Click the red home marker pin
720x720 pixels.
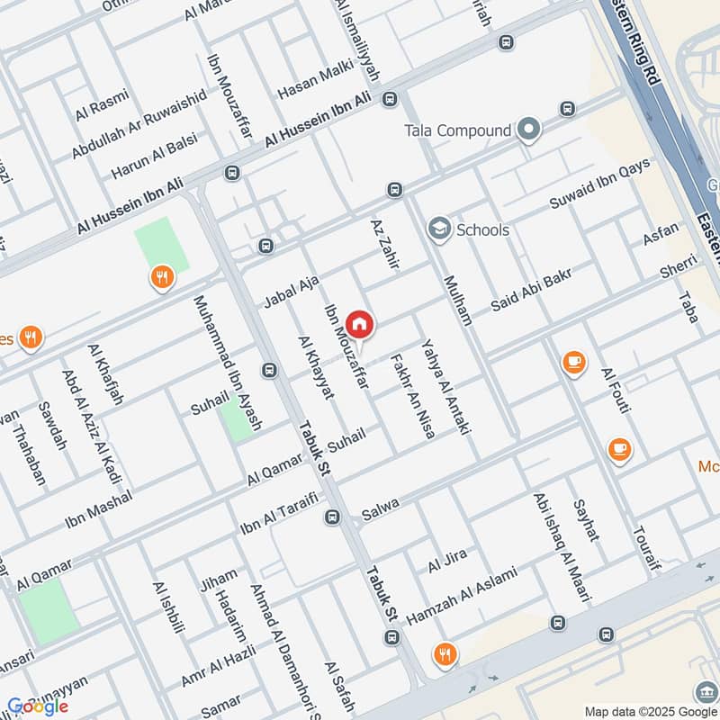click(x=360, y=324)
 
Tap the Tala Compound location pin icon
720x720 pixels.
click(x=530, y=131)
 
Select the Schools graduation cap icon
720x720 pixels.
click(x=439, y=229)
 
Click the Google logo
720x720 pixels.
click(x=38, y=706)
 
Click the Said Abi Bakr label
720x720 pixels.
click(x=532, y=289)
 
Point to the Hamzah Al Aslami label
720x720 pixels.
click(x=463, y=597)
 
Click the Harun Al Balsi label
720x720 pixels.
click(x=154, y=155)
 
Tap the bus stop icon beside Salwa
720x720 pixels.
click(x=332, y=517)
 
